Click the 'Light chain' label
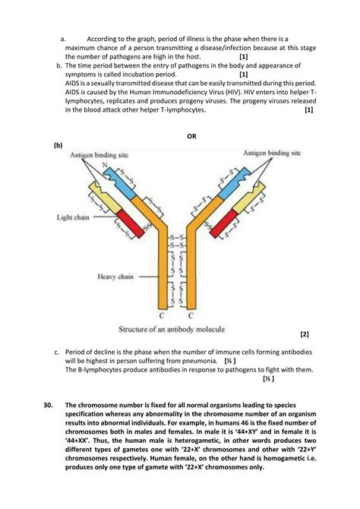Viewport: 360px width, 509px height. pos(73,217)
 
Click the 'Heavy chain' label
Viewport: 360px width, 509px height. pos(115,277)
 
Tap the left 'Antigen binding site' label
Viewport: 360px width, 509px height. pos(99,155)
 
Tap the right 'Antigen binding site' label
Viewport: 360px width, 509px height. pos(272,153)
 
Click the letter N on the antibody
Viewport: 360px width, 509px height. pos(105,165)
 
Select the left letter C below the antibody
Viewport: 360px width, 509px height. pos(162,315)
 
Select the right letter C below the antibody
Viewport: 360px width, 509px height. pos(191,315)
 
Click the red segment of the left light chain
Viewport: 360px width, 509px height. pos(131,223)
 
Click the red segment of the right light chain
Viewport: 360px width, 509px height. pos(223,223)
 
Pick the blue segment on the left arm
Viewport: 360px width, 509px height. pos(120,183)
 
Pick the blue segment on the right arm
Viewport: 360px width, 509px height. pos(234,183)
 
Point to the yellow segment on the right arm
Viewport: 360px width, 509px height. pos(249,198)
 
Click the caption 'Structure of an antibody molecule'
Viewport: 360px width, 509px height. pos(172,329)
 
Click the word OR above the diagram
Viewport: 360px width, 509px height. pos(191,136)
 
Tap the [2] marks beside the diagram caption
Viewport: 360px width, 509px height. pos(305,334)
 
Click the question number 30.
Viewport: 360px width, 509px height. pos(48,405)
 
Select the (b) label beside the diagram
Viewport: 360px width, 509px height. pos(58,145)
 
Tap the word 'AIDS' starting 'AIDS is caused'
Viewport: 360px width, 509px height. pos(71,92)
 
